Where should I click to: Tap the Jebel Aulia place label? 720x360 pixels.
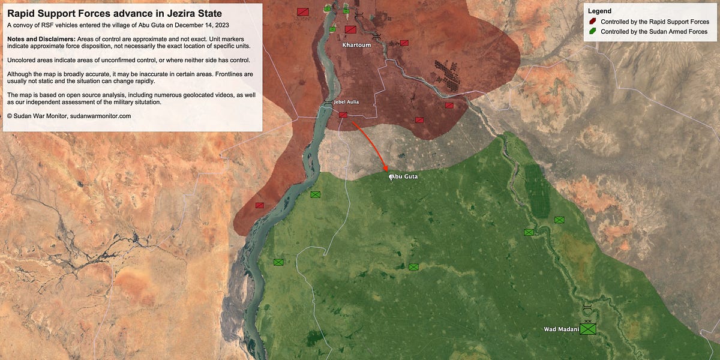pos(346,102)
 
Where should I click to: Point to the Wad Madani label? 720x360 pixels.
pos(561,329)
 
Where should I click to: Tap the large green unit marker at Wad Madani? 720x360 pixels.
pos(588,329)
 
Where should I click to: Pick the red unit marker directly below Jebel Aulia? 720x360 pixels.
pos(343,115)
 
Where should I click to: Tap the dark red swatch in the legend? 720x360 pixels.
pos(593,22)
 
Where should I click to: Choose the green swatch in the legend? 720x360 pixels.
pos(593,31)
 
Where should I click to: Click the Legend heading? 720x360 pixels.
pos(599,11)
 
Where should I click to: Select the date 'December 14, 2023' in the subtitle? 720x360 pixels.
pos(199,25)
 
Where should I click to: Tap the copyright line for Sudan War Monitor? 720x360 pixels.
pos(69,115)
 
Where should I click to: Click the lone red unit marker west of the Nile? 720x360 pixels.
pos(259,205)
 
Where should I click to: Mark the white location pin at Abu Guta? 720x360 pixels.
pos(391,177)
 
